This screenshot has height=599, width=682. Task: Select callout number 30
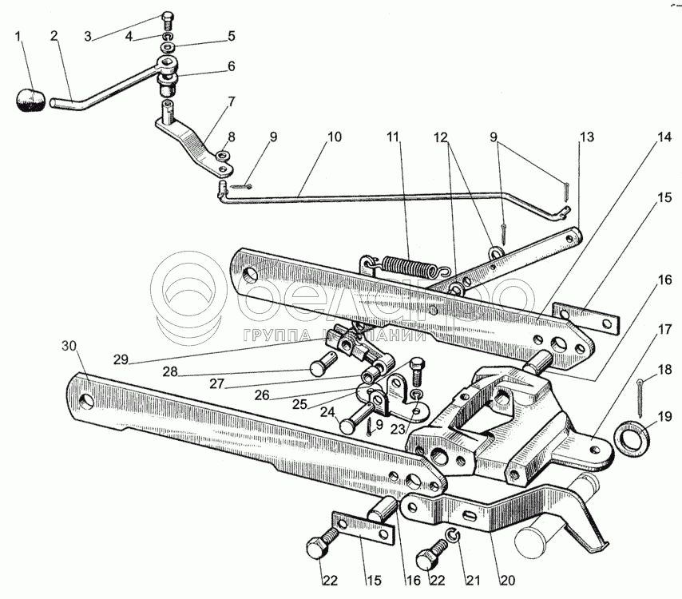[x=70, y=346]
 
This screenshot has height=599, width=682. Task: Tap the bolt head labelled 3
[x=168, y=17]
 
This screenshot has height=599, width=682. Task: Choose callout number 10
[x=333, y=137]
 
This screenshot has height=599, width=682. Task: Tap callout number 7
[x=230, y=102]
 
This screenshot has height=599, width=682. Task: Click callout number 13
[x=587, y=137]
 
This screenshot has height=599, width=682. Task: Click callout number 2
[x=54, y=36]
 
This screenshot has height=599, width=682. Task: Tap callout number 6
[x=230, y=67]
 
